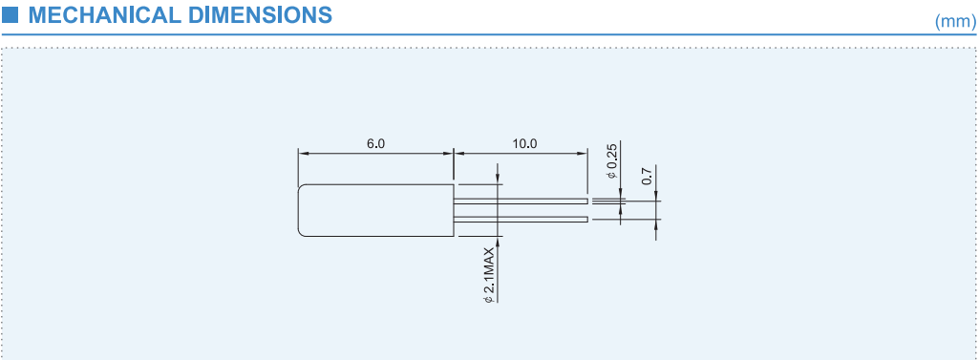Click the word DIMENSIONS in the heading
(261, 15)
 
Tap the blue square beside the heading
(10, 14)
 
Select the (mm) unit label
(955, 22)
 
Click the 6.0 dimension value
(376, 143)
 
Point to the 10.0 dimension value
(524, 143)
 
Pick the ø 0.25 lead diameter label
(612, 161)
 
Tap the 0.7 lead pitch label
(647, 177)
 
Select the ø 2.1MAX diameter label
(489, 275)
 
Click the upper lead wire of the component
(521, 201)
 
